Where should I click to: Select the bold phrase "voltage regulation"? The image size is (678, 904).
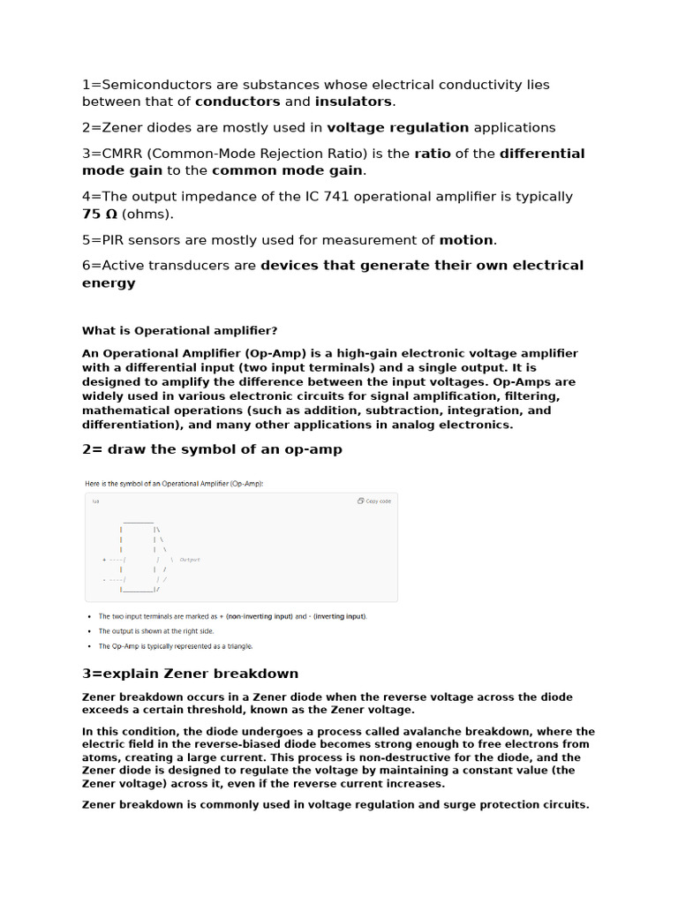pyautogui.click(x=398, y=127)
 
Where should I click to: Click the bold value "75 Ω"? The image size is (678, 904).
pyautogui.click(x=100, y=214)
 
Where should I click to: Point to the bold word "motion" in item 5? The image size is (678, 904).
pyautogui.click(x=466, y=240)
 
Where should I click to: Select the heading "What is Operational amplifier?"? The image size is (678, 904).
pyautogui.click(x=179, y=330)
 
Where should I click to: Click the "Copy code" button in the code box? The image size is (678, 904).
pyautogui.click(x=374, y=501)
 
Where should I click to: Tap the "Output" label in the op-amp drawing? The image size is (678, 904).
pyautogui.click(x=190, y=560)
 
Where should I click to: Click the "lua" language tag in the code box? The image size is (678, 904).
pyautogui.click(x=95, y=501)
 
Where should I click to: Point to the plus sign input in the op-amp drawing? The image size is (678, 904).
pyautogui.click(x=104, y=560)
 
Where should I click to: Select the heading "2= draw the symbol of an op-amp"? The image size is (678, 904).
pyautogui.click(x=212, y=449)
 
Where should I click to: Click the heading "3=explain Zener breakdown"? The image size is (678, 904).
pyautogui.click(x=190, y=674)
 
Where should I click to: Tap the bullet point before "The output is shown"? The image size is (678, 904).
pyautogui.click(x=89, y=631)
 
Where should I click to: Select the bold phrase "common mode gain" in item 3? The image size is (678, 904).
pyautogui.click(x=287, y=170)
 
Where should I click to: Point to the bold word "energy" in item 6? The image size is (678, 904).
pyautogui.click(x=109, y=283)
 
